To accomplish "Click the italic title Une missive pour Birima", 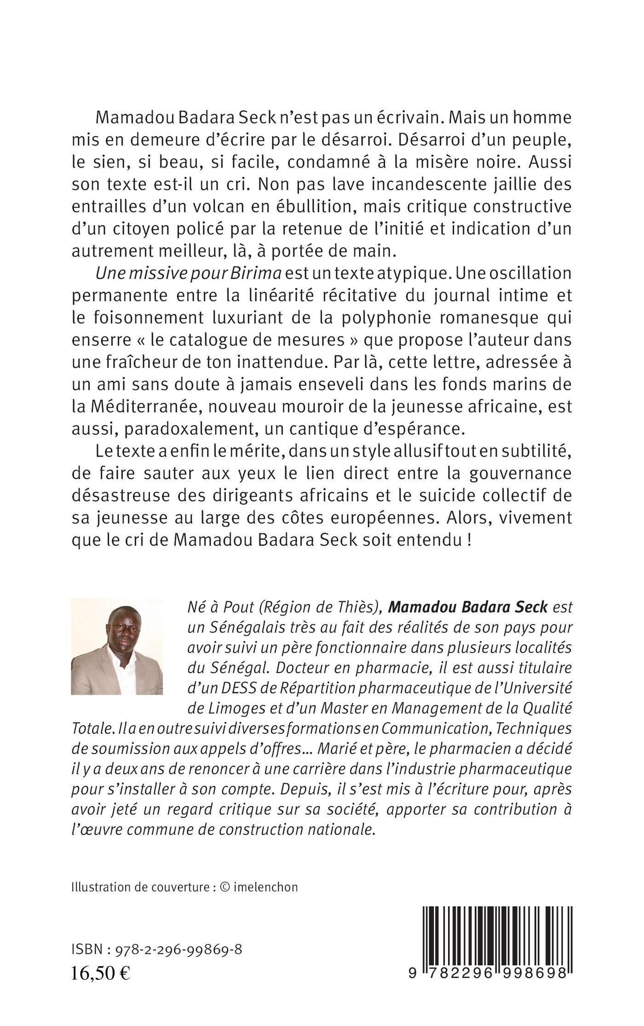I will (x=188, y=273).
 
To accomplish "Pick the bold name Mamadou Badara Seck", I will (x=468, y=607).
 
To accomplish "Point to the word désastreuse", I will (x=130, y=495).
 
